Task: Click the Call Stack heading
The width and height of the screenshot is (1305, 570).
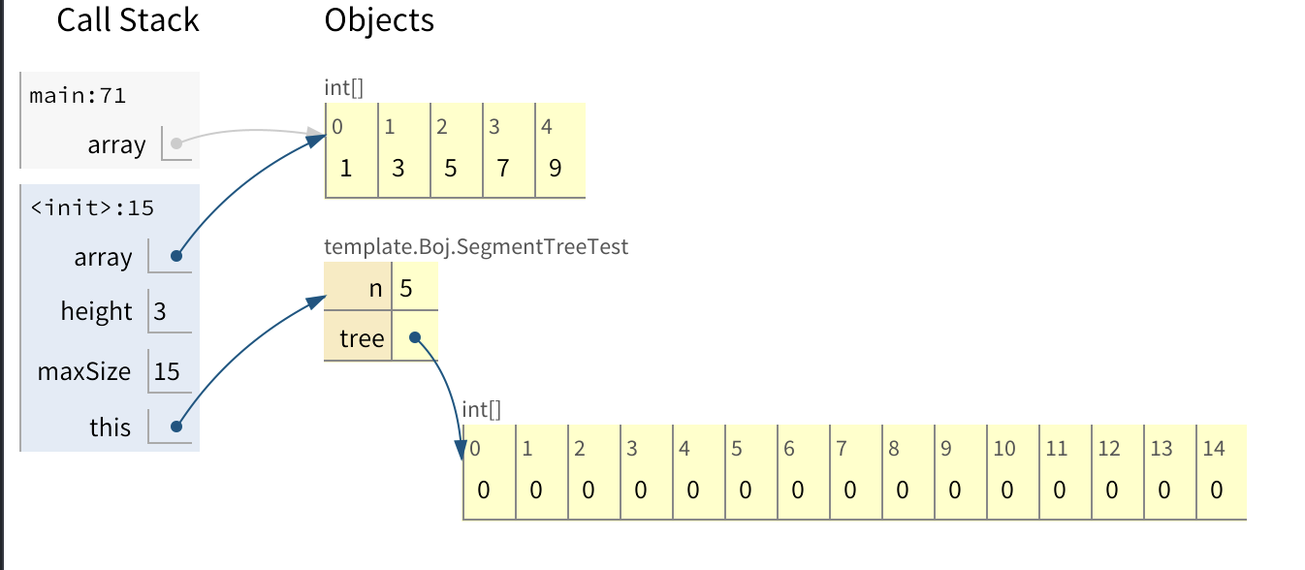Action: pyautogui.click(x=127, y=20)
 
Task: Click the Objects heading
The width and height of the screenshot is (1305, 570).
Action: pyautogui.click(x=379, y=20)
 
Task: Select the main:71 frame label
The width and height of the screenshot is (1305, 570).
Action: pyautogui.click(x=78, y=96)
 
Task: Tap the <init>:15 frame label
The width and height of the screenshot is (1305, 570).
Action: pyautogui.click(x=92, y=207)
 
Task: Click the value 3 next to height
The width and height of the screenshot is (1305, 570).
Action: pyautogui.click(x=160, y=312)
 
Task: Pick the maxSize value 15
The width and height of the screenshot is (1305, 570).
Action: pyautogui.click(x=167, y=371)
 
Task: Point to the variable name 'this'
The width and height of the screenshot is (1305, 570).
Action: pyautogui.click(x=110, y=427)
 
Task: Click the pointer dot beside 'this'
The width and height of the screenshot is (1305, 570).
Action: pyautogui.click(x=176, y=427)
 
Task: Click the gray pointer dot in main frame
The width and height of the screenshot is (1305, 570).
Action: pyautogui.click(x=175, y=144)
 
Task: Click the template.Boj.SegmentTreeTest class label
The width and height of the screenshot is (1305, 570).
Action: pyautogui.click(x=476, y=247)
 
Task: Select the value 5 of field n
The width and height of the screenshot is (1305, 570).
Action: pyautogui.click(x=406, y=289)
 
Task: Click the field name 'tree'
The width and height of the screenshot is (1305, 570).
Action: pyautogui.click(x=362, y=339)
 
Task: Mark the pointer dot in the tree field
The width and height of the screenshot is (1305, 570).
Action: pyautogui.click(x=414, y=338)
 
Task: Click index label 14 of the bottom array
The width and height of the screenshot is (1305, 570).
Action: pyautogui.click(x=1214, y=449)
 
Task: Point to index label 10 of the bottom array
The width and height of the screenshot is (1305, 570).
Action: pyautogui.click(x=1004, y=449)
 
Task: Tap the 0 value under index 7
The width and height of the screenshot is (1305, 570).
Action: pyautogui.click(x=850, y=490)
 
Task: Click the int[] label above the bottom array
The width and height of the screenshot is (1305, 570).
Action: pyautogui.click(x=482, y=410)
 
